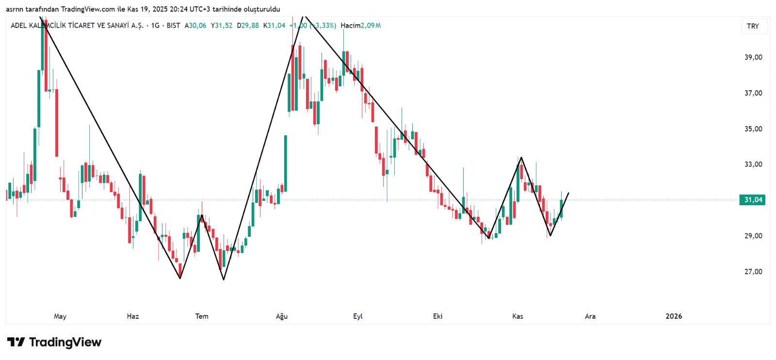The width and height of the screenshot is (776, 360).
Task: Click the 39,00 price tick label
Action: [x=753, y=57]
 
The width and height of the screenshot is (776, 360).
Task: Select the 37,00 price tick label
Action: [x=753, y=93]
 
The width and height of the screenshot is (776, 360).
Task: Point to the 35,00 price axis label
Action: [x=753, y=129]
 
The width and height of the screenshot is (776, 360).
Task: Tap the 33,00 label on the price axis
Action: [x=753, y=164]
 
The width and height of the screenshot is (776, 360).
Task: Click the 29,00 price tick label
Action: [x=753, y=236]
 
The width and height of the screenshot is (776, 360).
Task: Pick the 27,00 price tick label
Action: [x=753, y=272]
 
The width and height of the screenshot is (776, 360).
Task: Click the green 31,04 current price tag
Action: [x=752, y=200]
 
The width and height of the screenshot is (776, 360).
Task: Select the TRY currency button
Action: [x=753, y=26]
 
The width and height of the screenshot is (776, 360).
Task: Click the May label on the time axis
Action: [x=60, y=316]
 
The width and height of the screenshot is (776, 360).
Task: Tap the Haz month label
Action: [x=133, y=316]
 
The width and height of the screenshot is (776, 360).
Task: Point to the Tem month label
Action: [x=202, y=316]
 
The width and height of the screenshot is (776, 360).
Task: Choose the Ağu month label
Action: [x=282, y=316]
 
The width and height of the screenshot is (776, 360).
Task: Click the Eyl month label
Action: [x=358, y=316]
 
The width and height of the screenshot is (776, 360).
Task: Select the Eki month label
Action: [x=437, y=316]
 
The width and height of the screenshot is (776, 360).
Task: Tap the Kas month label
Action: [x=517, y=316]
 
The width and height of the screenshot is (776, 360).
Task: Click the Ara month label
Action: [x=590, y=316]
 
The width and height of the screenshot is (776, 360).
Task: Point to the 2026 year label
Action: [x=674, y=316]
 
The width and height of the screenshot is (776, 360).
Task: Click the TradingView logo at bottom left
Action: [x=54, y=343]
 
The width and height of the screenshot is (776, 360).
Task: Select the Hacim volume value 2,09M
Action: [x=371, y=25]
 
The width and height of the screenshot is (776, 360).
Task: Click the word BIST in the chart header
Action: [x=173, y=25]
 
